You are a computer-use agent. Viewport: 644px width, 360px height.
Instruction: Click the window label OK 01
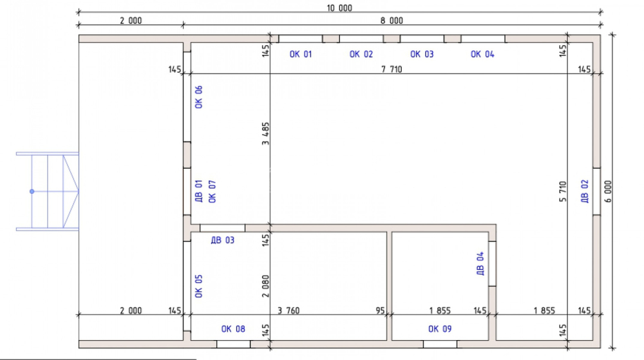(x=301, y=54)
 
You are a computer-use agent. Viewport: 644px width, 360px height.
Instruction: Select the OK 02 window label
(x=361, y=54)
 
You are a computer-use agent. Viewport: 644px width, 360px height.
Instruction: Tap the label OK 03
(x=422, y=54)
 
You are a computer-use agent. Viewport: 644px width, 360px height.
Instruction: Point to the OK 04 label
(x=482, y=54)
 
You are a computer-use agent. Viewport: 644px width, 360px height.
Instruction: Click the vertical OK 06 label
(x=199, y=97)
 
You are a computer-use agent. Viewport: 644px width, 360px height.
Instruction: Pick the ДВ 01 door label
(x=199, y=191)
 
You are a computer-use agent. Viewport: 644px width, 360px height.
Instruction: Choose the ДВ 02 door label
(x=585, y=191)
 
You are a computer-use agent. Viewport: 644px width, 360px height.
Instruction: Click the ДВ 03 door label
(x=223, y=240)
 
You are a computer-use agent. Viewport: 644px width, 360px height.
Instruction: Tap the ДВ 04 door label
(x=480, y=263)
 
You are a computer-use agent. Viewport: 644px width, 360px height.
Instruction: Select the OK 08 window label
(x=233, y=329)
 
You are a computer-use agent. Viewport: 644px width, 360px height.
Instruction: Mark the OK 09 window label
(x=439, y=329)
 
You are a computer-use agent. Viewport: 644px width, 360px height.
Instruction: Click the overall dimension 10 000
(x=339, y=8)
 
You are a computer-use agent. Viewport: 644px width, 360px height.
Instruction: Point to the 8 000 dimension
(x=392, y=21)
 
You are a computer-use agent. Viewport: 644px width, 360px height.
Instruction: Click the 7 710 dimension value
(x=392, y=69)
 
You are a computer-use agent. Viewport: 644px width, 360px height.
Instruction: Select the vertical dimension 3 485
(x=265, y=133)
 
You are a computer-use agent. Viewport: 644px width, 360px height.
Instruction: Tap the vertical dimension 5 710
(x=563, y=191)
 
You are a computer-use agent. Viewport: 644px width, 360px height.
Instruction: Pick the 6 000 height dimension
(x=608, y=191)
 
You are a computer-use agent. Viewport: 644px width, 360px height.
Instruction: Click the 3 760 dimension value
(x=289, y=311)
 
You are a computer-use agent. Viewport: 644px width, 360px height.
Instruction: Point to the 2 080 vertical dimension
(x=265, y=286)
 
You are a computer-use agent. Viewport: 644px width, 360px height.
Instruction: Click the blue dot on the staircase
(x=32, y=191)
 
